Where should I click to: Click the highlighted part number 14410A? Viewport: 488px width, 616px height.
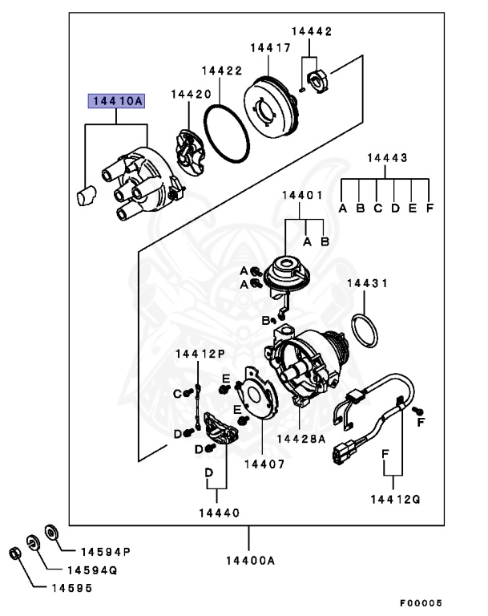(x=116, y=101)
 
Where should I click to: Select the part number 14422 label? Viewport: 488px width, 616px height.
(x=221, y=71)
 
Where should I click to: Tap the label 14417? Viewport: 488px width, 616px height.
(x=269, y=48)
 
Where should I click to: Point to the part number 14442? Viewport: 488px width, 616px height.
(x=311, y=31)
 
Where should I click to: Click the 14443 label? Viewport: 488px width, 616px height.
(x=387, y=158)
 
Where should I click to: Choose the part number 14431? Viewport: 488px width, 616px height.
(x=367, y=284)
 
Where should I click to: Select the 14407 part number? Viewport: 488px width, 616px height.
(x=264, y=463)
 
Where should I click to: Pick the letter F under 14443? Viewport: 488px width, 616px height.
(x=430, y=209)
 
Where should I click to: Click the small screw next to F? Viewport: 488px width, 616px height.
(x=417, y=411)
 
